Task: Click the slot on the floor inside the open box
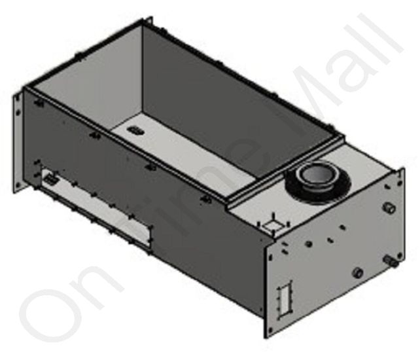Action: click(135, 131)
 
